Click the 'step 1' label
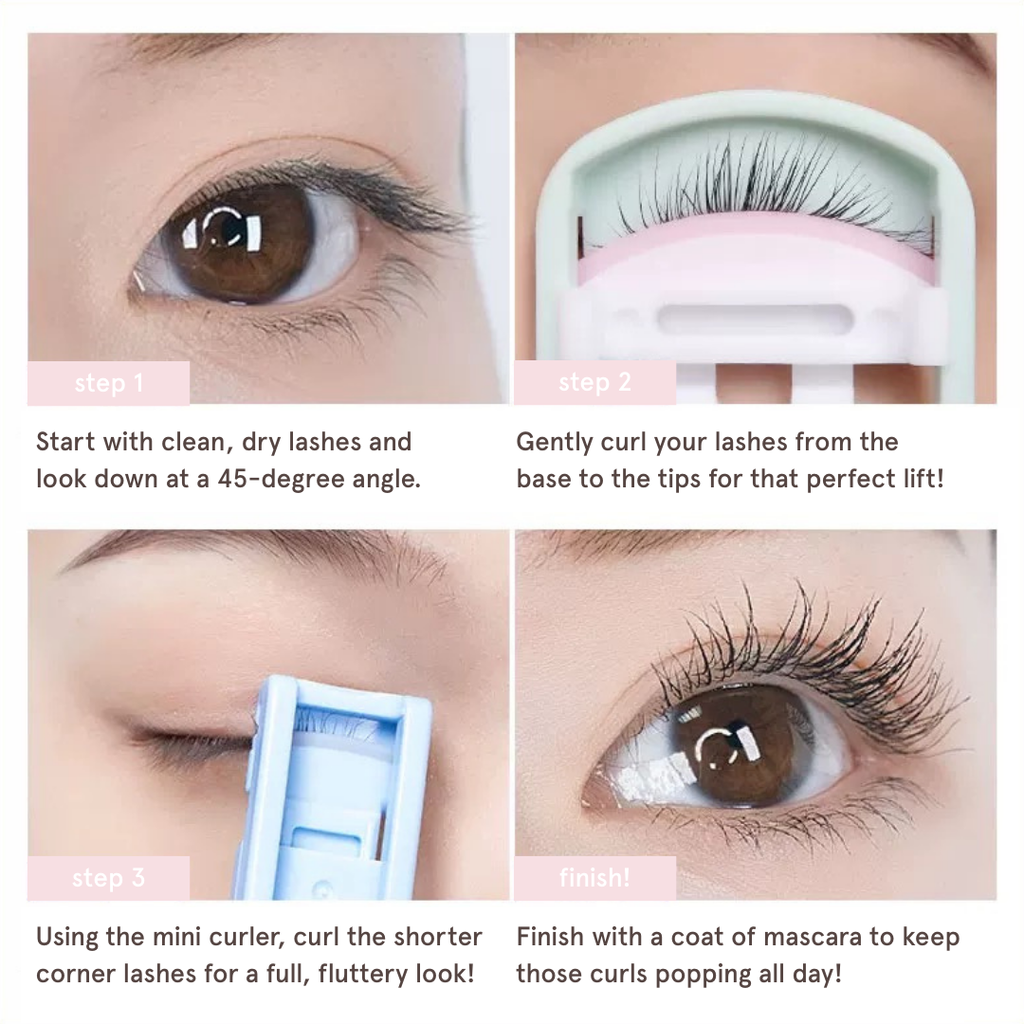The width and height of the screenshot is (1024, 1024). point(109,383)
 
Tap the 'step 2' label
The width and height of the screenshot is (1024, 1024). point(594,382)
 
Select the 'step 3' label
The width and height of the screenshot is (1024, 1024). point(108,878)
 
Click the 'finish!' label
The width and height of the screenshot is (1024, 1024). point(594,877)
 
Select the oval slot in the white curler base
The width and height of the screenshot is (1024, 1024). point(756,320)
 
